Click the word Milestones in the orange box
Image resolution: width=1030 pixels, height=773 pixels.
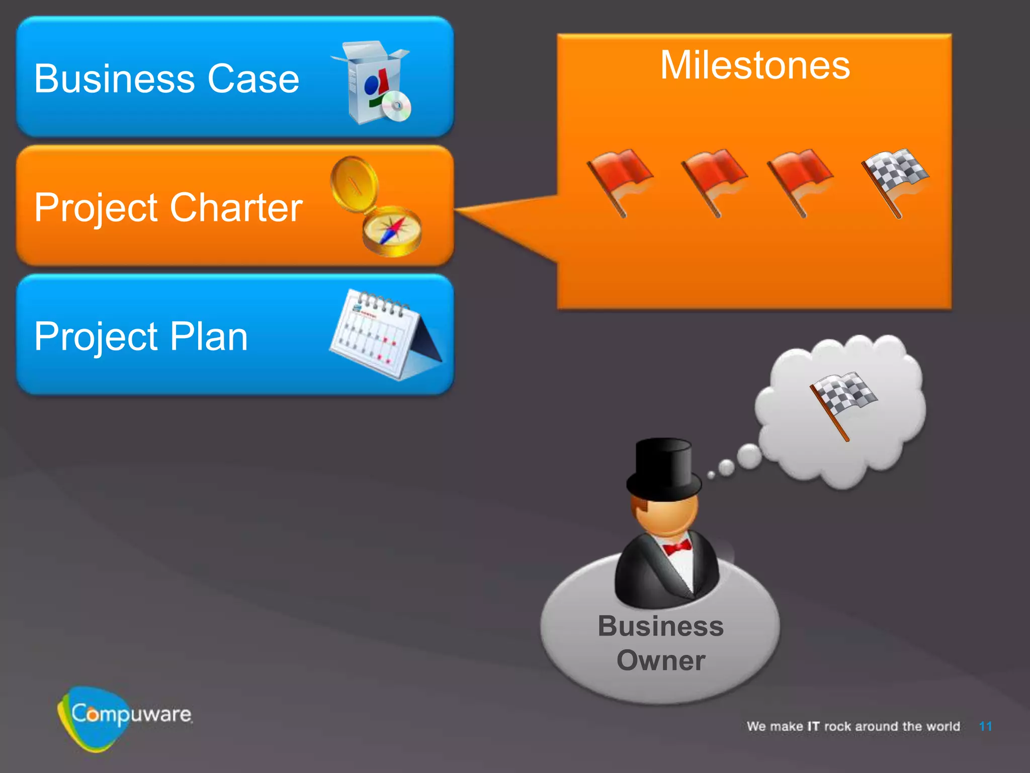pos(755,66)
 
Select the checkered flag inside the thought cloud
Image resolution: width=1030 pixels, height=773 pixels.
pos(843,400)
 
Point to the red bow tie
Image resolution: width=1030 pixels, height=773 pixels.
pos(677,547)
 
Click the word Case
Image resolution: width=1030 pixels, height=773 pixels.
pos(253,79)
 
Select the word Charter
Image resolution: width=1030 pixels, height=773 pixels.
pos(236,207)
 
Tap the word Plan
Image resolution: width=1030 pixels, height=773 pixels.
pos(209,336)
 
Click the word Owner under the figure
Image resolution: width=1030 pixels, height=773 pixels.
pos(661,660)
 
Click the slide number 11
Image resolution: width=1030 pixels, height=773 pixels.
pos(985,726)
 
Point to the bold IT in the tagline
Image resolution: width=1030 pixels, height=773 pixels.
pos(813,726)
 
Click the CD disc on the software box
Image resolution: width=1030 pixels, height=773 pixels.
pos(396,106)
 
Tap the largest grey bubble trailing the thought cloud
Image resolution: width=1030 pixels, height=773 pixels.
pos(749,456)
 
